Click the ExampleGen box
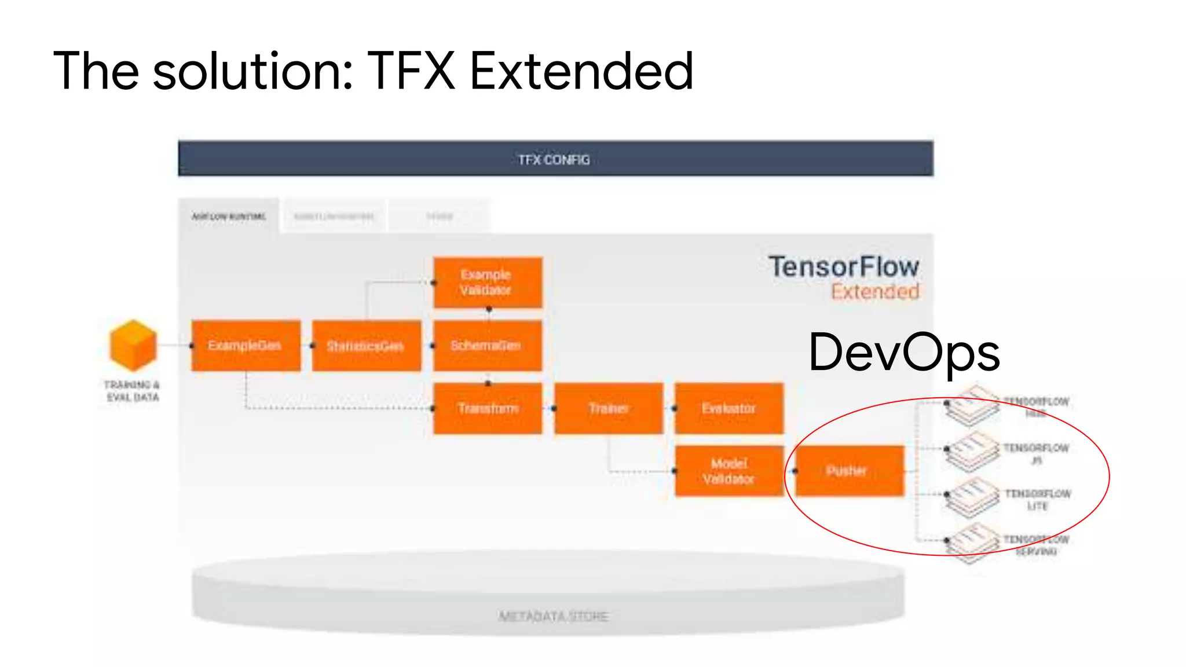246,346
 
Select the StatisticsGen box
366,346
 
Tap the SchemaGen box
487,346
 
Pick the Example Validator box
487,283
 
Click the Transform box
487,408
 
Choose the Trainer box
608,408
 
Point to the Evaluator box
729,408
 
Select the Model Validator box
729,471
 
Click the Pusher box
849,471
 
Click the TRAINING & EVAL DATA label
132,391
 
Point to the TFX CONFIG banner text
554,160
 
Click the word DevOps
904,352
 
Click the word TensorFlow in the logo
844,267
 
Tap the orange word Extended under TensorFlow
875,292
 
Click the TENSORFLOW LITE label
1037,500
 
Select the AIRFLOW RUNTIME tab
229,217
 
